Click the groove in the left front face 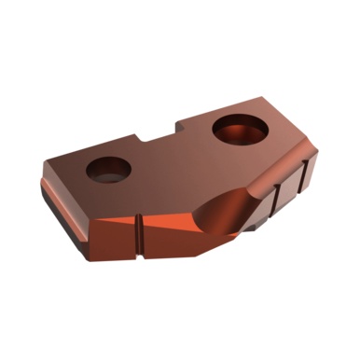[x=139, y=228]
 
